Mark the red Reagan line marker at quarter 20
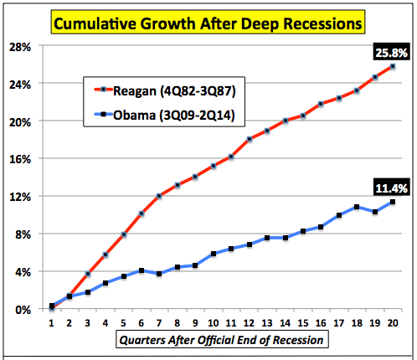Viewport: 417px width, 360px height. coord(393,66)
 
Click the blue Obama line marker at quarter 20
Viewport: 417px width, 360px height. coord(393,202)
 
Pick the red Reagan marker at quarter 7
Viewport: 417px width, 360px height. coord(159,196)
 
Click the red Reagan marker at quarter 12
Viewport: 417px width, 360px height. coord(249,139)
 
